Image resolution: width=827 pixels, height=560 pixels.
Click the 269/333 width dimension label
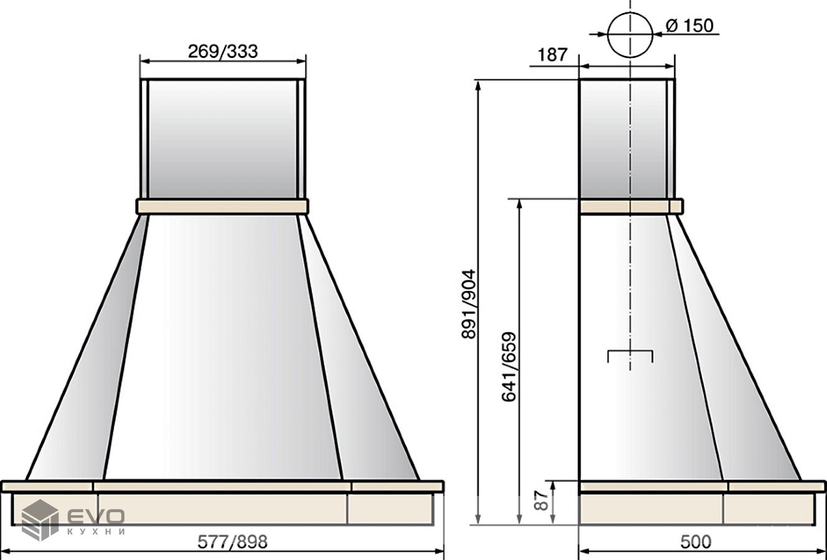tap(223, 52)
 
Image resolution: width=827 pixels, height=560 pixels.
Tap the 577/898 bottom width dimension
tap(232, 542)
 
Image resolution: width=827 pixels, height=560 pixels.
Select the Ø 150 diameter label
tap(689, 26)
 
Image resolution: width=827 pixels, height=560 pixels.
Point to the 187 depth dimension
tap(553, 55)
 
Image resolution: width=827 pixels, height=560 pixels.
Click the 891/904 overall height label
tap(469, 304)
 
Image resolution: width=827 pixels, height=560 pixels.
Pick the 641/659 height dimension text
tap(509, 367)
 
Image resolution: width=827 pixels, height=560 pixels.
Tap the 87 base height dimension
tap(541, 500)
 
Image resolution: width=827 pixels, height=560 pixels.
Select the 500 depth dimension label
tap(696, 542)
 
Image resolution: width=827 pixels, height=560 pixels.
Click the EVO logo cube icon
tap(40, 520)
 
